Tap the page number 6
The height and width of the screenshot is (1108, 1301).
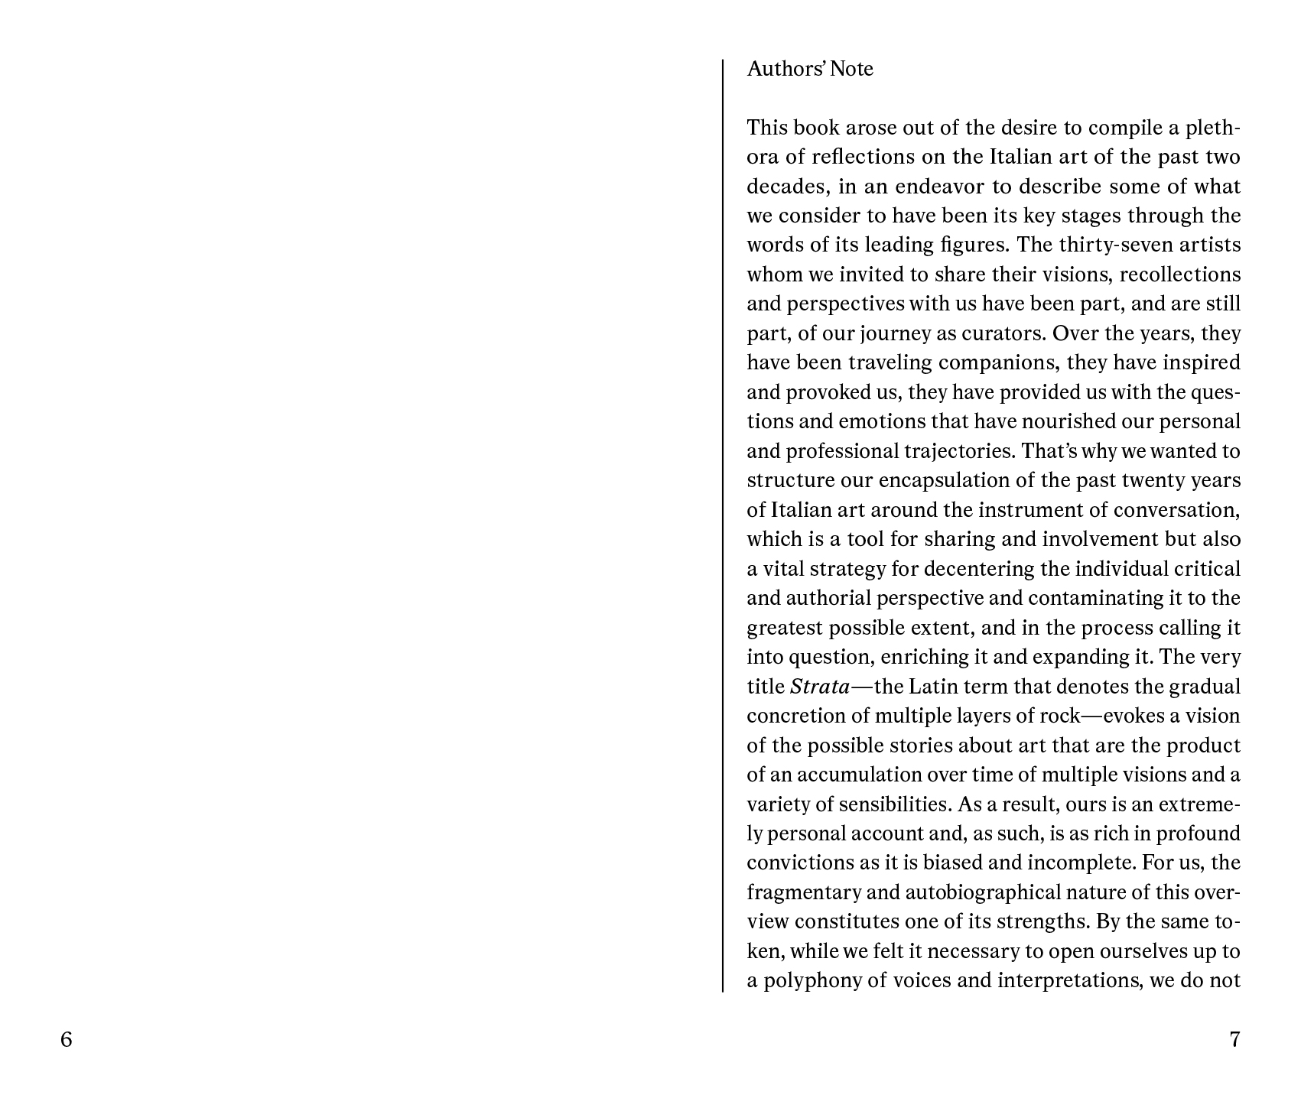[x=67, y=1040]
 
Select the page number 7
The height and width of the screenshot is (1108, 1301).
[x=1234, y=1040]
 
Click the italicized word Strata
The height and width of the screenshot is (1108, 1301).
[x=819, y=687]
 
